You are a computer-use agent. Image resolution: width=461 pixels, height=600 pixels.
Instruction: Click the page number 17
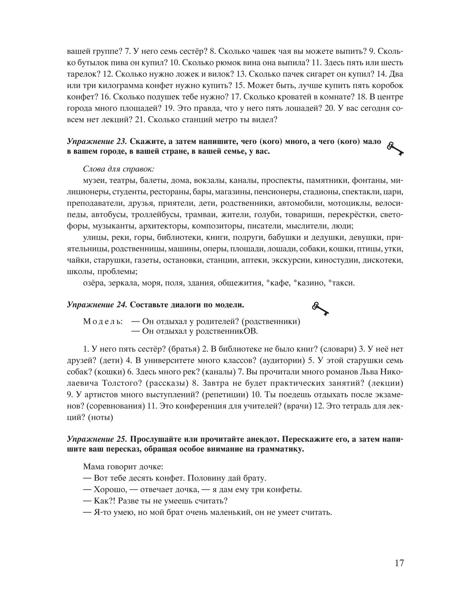tap(399, 563)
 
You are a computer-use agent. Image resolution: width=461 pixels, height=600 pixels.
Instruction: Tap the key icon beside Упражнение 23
tap(395, 149)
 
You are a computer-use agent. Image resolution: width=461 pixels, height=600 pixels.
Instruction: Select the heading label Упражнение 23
tap(96, 141)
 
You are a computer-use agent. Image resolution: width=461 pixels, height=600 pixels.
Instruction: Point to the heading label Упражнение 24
tap(96, 305)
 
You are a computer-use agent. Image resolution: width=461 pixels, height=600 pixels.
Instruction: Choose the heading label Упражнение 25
tap(96, 438)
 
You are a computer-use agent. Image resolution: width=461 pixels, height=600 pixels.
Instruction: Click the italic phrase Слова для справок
tap(118, 169)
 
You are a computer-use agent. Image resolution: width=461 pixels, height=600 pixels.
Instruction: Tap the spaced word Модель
tap(103, 321)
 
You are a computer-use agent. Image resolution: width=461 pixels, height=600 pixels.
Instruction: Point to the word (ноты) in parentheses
tap(99, 417)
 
